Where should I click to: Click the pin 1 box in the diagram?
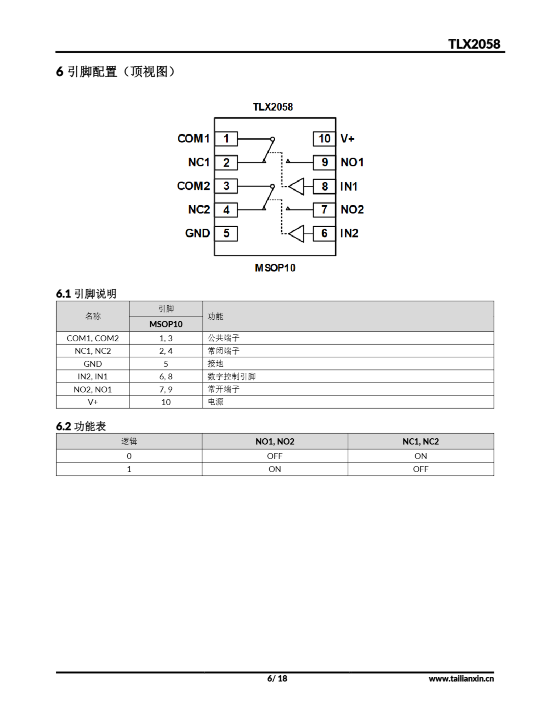coord(226,139)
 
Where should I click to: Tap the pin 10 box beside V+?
coord(324,139)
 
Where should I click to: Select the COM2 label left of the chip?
coord(193,186)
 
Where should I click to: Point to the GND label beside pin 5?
coord(197,233)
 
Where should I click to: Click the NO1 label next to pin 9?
coord(352,162)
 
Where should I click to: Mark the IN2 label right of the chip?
coord(349,233)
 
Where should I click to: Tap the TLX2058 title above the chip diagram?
coord(273,107)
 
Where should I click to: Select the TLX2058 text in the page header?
coord(474,44)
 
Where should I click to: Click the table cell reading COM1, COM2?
coord(93,338)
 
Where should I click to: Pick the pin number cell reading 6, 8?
coord(166,377)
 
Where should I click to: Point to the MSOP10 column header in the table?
coord(166,324)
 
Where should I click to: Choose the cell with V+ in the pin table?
coord(93,402)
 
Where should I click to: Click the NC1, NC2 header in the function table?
coord(421,441)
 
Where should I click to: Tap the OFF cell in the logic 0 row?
coord(274,456)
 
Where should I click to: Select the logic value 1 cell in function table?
coord(129,469)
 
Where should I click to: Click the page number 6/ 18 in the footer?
coord(277,678)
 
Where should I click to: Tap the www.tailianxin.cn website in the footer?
coord(461,678)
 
